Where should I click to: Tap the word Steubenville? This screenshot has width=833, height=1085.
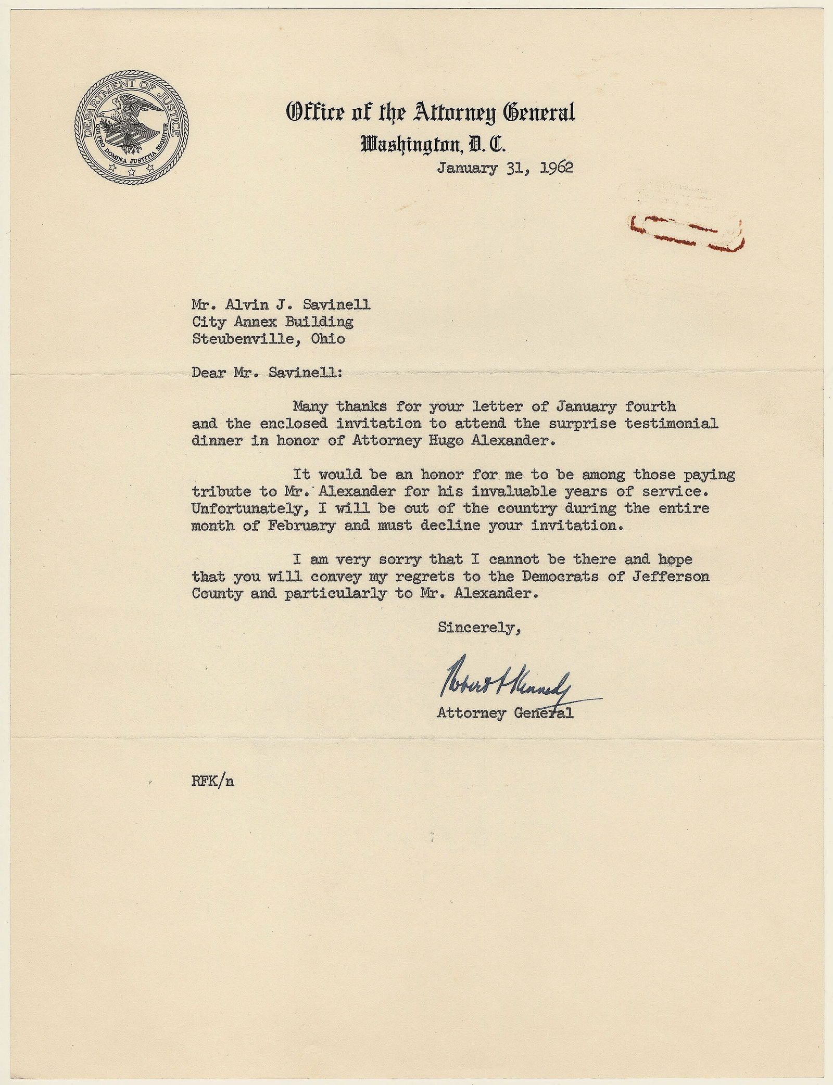tap(243, 339)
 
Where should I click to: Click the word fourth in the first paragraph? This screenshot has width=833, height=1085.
tap(650, 406)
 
